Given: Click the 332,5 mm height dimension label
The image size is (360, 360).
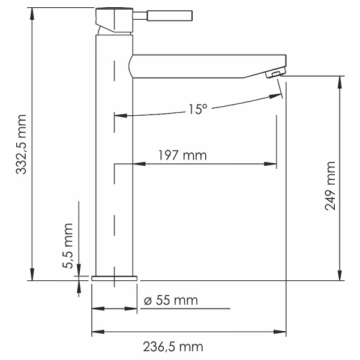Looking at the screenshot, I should [22, 144].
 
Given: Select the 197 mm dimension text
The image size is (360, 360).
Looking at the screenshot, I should [182, 156].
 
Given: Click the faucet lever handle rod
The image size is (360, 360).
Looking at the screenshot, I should [170, 16].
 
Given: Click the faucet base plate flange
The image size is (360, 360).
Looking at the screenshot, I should [114, 278].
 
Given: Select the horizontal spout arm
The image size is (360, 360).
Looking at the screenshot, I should [204, 66].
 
